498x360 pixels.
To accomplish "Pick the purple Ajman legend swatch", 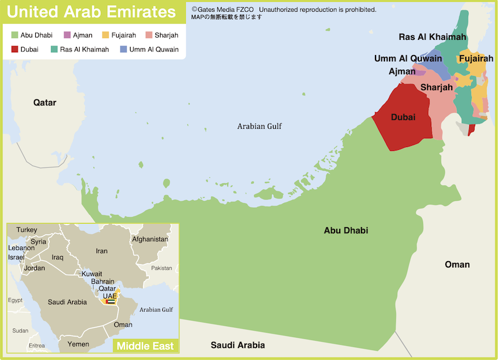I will [67, 35].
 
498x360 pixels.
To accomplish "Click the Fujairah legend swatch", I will [105, 35].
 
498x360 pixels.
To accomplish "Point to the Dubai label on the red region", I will [403, 117].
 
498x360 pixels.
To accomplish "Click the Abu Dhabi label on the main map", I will [346, 230].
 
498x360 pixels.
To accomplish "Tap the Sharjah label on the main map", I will [436, 87].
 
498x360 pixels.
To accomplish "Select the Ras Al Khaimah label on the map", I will [432, 37].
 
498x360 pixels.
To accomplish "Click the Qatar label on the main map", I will [45, 102].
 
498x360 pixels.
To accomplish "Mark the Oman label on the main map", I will [457, 264].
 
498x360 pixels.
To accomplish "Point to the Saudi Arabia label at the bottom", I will [238, 345].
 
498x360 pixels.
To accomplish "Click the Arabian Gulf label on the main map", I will [260, 126].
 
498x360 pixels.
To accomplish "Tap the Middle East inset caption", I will [145, 346].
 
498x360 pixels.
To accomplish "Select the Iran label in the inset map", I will [102, 251].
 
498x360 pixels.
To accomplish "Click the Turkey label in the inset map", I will [26, 229].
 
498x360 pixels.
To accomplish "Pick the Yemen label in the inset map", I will [78, 344].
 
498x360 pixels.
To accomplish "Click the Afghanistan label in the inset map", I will [150, 239].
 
